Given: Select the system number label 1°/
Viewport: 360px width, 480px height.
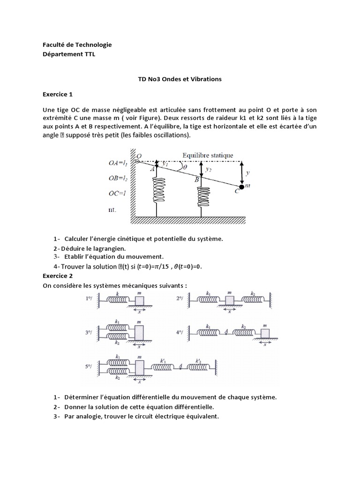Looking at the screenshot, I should click(x=90, y=298).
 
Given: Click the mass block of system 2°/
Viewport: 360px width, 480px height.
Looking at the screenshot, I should click(x=229, y=299).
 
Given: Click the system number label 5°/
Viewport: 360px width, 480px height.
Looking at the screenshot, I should click(x=90, y=367).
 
